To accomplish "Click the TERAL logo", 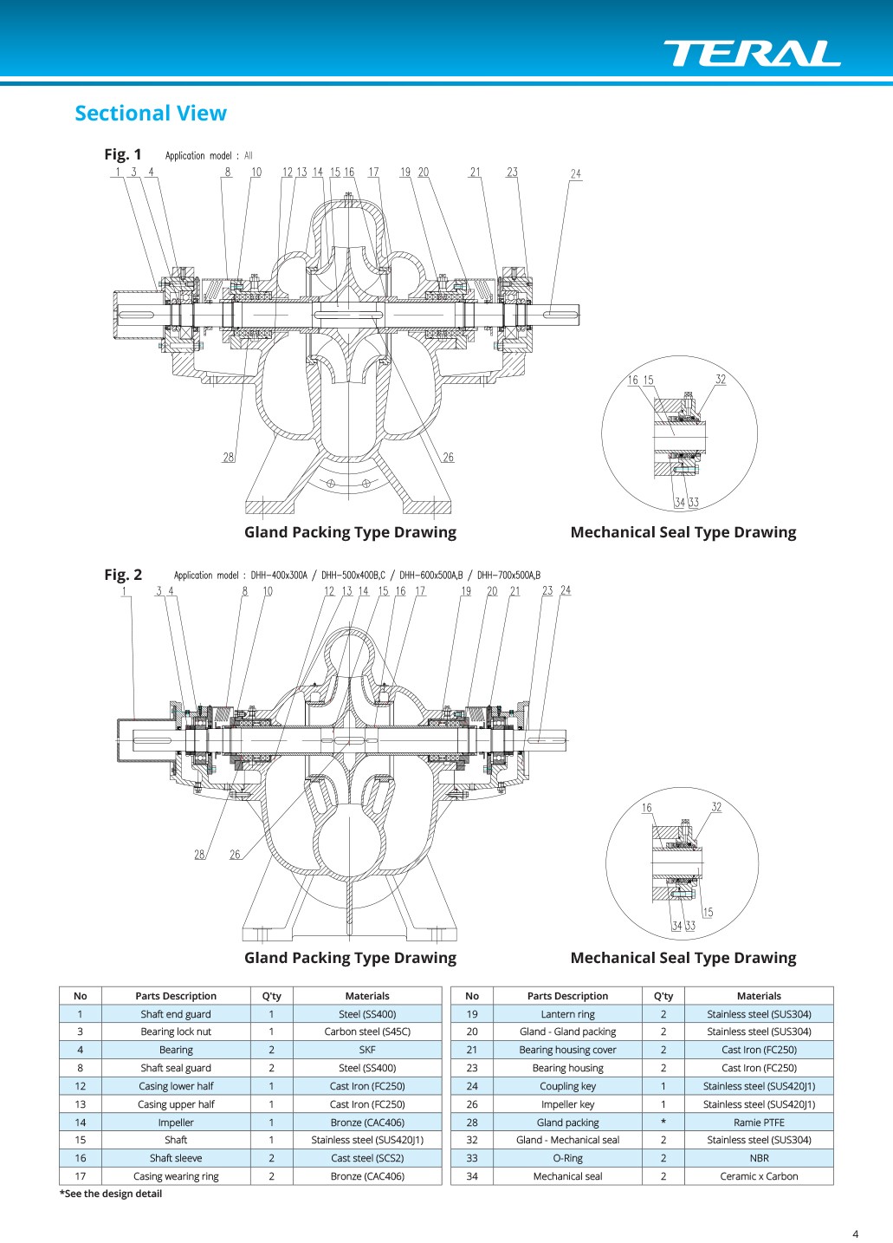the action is (752, 53).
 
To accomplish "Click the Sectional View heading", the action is (151, 114).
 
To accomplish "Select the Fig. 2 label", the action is (123, 575).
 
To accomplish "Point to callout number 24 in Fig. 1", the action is (576, 173).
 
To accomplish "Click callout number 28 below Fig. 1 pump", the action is (229, 458).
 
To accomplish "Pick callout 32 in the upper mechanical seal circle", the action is (721, 379).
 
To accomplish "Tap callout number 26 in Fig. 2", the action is (236, 854).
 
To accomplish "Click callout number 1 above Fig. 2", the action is (124, 591).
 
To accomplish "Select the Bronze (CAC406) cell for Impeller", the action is (367, 1122).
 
